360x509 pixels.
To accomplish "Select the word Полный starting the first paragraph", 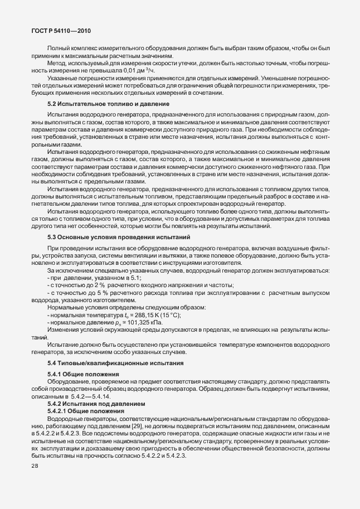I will click(57, 49).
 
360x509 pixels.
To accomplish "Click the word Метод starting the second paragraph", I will click(56, 63).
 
